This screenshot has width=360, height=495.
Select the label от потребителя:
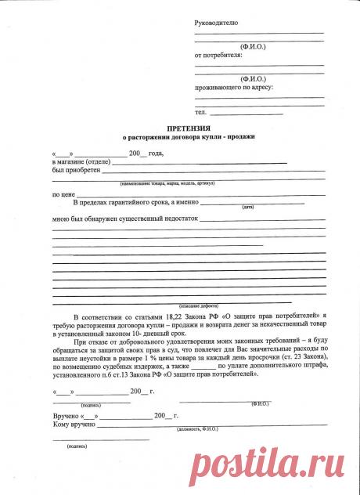pos(218,55)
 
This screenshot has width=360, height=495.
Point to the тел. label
pos(200,114)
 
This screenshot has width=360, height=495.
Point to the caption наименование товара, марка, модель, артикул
pos(167,183)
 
